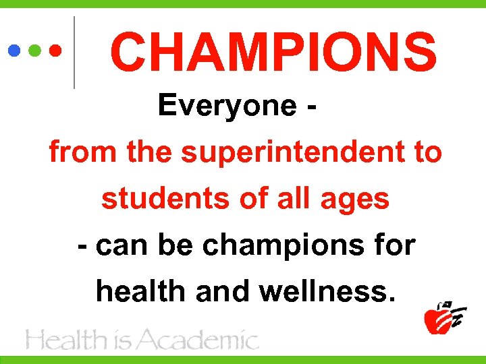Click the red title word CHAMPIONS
pyautogui.click(x=273, y=53)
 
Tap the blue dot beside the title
pyautogui.click(x=14, y=50)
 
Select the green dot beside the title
pyautogui.click(x=34, y=50)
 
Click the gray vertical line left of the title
pyautogui.click(x=74, y=53)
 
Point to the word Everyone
pyautogui.click(x=227, y=106)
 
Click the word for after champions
pyautogui.click(x=394, y=245)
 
